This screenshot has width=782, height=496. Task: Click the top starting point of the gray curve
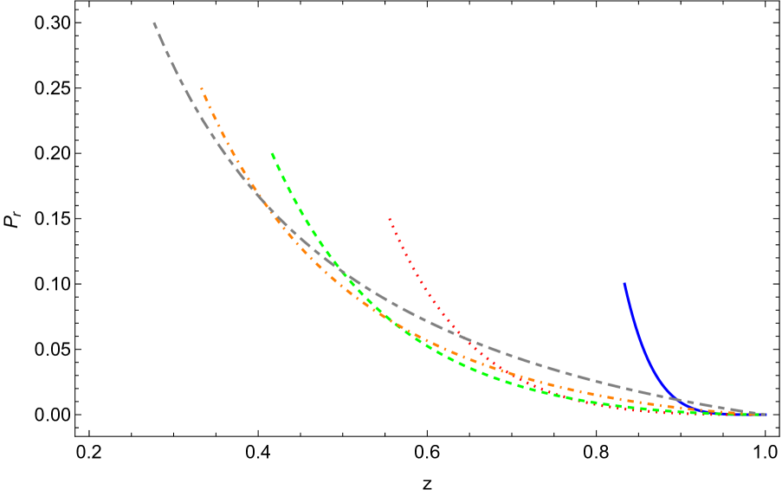154,23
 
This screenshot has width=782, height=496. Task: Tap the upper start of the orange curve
201,87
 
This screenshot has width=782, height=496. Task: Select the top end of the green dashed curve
271,153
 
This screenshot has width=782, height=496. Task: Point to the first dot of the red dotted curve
389,218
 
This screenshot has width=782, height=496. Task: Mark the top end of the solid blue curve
624,283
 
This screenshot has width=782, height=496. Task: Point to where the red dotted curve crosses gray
457,334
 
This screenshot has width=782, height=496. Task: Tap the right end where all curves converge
765,415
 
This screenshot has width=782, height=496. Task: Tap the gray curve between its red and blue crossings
563,372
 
